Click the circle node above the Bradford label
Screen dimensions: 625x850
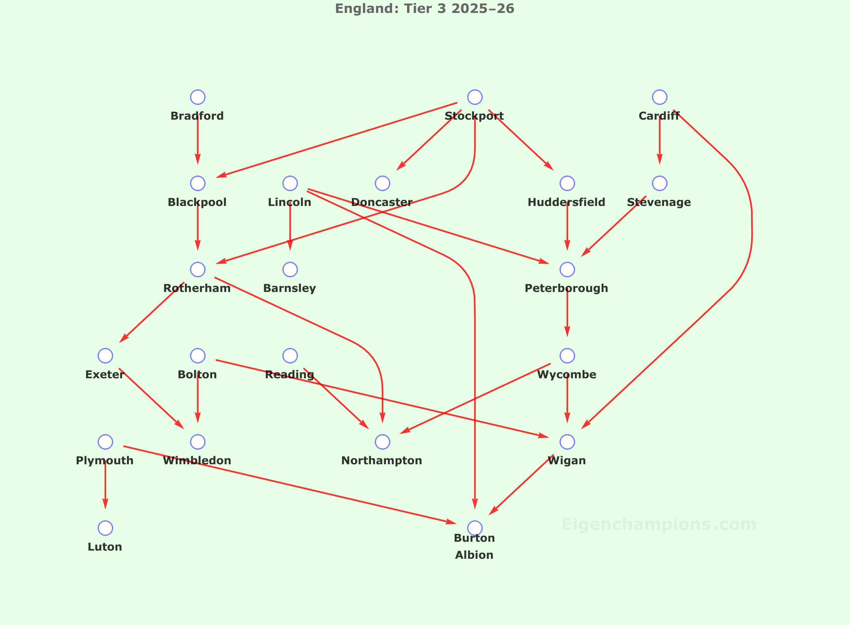click(x=198, y=97)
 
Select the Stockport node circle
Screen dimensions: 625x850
click(x=475, y=97)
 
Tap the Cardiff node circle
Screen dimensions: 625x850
click(x=659, y=97)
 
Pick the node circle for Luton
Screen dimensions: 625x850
click(x=105, y=528)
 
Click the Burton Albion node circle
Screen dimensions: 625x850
click(x=475, y=528)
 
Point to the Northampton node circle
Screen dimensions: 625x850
click(x=382, y=441)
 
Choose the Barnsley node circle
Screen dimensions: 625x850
click(x=290, y=270)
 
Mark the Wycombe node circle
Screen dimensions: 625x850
click(x=567, y=355)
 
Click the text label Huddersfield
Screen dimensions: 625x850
click(x=566, y=203)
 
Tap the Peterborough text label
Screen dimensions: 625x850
click(x=566, y=288)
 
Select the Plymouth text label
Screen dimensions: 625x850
click(x=104, y=461)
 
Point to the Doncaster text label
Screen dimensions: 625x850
click(x=381, y=203)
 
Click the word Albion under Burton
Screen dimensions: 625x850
click(x=474, y=555)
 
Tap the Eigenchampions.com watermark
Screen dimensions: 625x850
click(x=659, y=524)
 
